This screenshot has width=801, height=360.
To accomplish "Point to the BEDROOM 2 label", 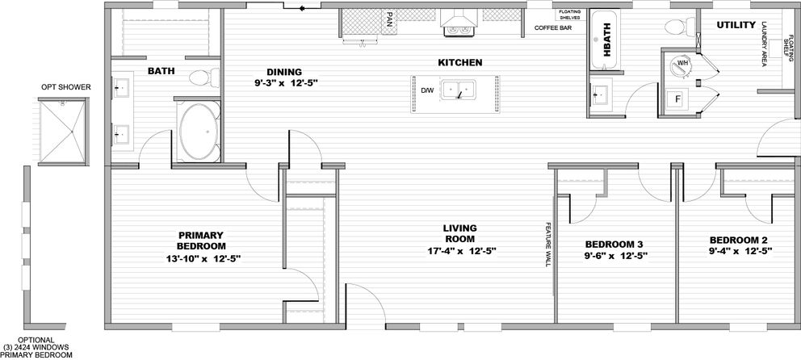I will point(737,240).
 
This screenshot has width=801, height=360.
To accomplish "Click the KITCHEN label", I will point(459,62).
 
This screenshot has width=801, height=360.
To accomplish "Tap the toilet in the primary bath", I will point(203,77).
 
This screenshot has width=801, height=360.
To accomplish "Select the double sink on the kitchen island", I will point(458,91).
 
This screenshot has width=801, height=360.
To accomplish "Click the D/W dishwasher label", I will point(427,90).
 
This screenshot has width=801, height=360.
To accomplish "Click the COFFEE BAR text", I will point(553,28).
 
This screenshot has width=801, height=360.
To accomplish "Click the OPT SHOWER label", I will point(66,87).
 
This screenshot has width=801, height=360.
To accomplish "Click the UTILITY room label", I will point(736,25).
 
